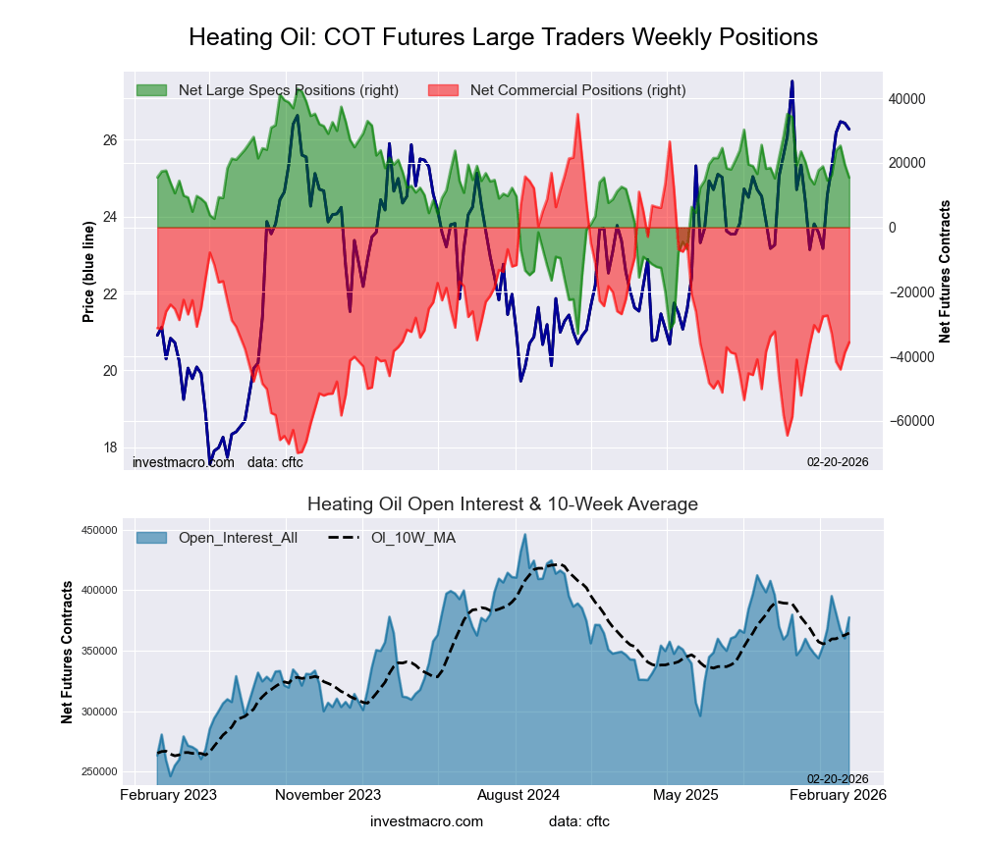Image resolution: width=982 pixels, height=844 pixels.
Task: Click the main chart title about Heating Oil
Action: (x=503, y=37)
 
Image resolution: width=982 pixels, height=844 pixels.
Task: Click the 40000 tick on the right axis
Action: (x=906, y=99)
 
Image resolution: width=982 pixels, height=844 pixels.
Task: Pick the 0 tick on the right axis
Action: (x=894, y=228)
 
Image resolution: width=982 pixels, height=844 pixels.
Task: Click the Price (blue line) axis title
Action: (x=88, y=273)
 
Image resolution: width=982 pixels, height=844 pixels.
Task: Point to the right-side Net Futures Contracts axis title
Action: (x=946, y=272)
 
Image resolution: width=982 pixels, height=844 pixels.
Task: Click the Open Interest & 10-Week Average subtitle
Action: (x=503, y=504)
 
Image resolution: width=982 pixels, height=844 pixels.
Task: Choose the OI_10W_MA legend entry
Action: (x=412, y=538)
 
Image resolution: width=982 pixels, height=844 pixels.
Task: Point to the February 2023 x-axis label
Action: (x=168, y=794)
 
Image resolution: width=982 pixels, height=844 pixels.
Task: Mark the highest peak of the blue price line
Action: (x=791, y=81)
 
